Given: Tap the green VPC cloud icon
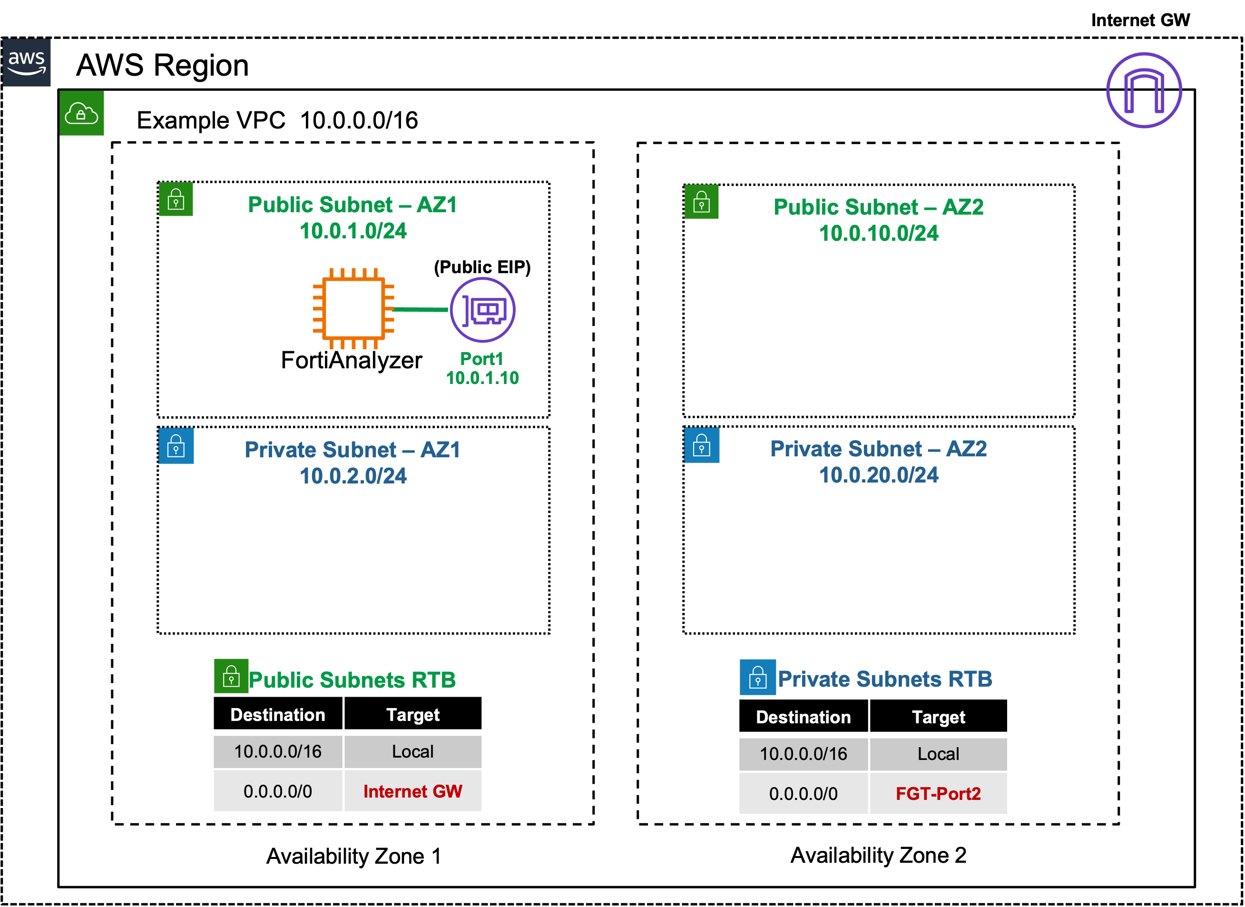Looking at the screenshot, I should point(82,113).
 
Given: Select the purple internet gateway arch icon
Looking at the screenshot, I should point(1144,90).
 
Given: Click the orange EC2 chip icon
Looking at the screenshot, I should point(353,308).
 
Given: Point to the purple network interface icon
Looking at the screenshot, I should point(482,310).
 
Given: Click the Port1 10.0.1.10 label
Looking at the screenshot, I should point(482,368).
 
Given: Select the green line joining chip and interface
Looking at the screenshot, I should point(421,310).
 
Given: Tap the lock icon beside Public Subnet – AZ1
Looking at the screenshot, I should point(176,199).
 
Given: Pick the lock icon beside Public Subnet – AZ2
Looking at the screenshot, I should point(702,201).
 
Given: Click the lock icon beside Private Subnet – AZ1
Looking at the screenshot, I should point(176,446).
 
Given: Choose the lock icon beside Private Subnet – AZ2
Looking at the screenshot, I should point(702,445).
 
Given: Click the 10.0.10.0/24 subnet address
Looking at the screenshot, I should point(878,233).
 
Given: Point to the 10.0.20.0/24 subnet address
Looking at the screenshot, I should point(878,475).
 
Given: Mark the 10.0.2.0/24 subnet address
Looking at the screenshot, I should point(353,476).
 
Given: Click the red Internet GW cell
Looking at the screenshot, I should point(413,791).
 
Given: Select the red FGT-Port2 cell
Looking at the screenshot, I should point(938,793).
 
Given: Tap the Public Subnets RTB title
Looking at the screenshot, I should point(352,680).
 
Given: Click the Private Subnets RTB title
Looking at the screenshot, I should point(885,679).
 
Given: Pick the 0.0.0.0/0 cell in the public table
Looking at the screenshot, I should point(278,791).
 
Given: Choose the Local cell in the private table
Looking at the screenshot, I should point(938,754).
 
